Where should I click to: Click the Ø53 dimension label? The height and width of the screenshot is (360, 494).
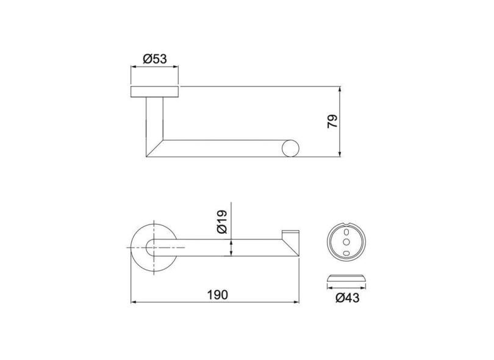(156, 59)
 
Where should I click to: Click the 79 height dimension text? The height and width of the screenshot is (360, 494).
(332, 121)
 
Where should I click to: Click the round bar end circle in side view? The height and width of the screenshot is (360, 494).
(290, 148)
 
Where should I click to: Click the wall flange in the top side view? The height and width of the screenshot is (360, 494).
(156, 92)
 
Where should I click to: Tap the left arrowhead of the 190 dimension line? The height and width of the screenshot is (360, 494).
(135, 301)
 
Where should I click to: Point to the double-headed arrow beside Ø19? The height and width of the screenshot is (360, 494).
(231, 247)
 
